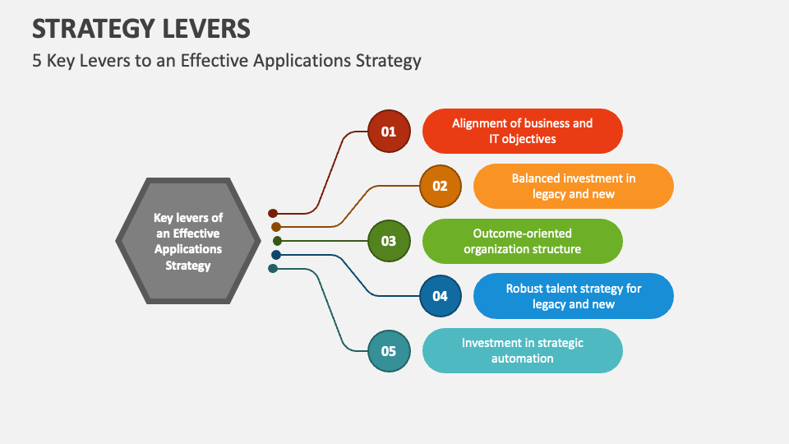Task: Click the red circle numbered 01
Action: coord(389,132)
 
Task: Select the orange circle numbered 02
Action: coord(440,186)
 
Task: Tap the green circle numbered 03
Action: coord(389,241)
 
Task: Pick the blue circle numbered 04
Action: coord(440,296)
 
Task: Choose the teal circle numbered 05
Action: coord(389,351)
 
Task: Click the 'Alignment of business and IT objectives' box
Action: coord(522,132)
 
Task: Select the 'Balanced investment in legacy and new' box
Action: coord(573,186)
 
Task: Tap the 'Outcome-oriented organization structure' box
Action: coord(522,241)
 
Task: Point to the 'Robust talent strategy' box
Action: coord(573,296)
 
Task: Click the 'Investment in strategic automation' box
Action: coord(522,351)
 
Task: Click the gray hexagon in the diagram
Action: coord(187,241)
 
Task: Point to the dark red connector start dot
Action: coord(273,214)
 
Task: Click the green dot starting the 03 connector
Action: coord(277,241)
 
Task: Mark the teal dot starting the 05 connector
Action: coord(273,269)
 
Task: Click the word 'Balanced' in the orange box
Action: coord(537,178)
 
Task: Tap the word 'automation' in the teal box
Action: coord(522,358)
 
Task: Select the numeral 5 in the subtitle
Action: coord(37,61)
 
